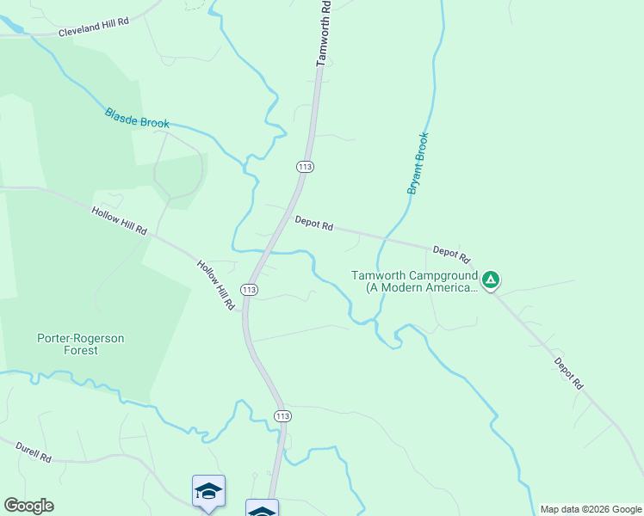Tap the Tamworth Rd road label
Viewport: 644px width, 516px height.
tap(324, 34)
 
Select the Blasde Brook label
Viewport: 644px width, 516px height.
tap(137, 118)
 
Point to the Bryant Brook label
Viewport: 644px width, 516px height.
tap(418, 163)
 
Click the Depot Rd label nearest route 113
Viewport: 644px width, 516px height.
tap(313, 223)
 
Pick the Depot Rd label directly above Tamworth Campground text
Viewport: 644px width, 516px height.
tap(452, 254)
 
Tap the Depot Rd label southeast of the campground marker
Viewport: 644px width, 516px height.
tap(568, 374)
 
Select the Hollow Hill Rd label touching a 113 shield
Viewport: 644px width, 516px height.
tap(215, 285)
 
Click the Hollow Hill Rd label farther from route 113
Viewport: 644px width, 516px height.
tap(120, 220)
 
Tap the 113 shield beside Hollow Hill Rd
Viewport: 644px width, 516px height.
tap(249, 290)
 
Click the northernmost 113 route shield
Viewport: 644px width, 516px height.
tap(304, 166)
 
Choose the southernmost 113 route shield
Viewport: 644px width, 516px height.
tap(282, 415)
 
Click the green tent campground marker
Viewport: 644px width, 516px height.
tap(490, 279)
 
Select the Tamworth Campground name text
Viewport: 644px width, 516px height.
tap(414, 282)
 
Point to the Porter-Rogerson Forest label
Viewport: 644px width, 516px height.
tap(81, 344)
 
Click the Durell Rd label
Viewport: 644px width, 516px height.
tap(33, 452)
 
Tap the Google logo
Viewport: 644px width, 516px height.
tap(28, 506)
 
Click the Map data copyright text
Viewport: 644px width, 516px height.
tap(591, 509)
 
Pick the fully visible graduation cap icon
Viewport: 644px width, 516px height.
tap(208, 491)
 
